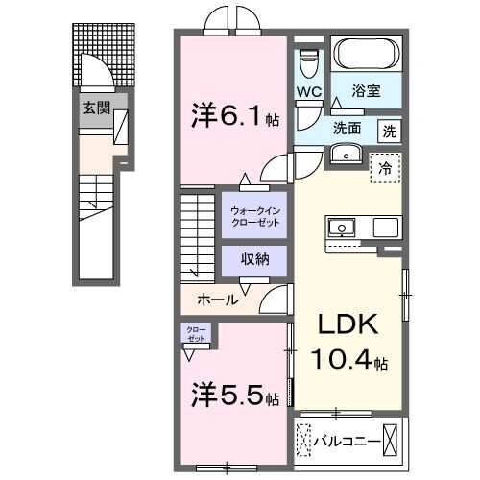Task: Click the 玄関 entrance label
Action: [x=94, y=107]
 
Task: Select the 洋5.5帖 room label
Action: [x=233, y=395]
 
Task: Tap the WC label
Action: [x=309, y=92]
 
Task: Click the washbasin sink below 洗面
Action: [x=347, y=155]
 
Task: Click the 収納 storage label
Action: [x=255, y=259]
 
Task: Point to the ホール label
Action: [x=218, y=300]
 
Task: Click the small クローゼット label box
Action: [x=196, y=334]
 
